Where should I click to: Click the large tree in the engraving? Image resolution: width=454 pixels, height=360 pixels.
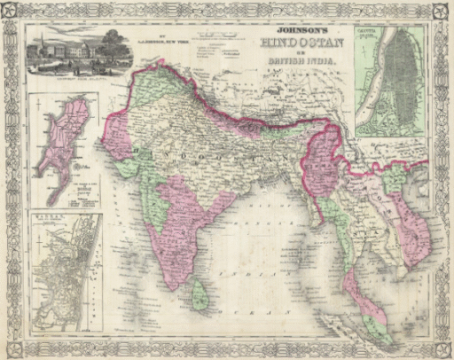110,42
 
